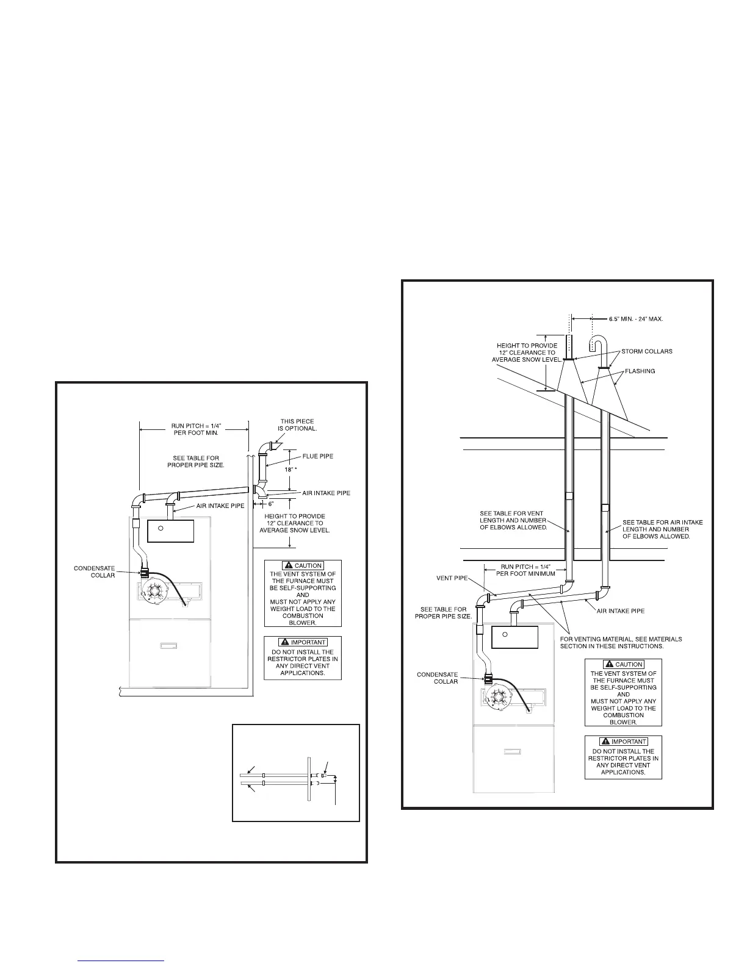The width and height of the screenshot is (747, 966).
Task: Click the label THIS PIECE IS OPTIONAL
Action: click(297, 425)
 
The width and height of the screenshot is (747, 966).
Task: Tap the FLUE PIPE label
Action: click(318, 456)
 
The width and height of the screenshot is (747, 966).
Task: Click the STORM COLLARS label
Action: click(647, 351)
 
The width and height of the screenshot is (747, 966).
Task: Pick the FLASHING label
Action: click(640, 371)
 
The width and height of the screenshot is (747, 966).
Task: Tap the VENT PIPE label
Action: click(453, 578)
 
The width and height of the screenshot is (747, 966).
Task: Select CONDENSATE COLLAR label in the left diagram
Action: click(94, 571)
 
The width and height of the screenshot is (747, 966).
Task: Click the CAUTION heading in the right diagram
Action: click(623, 664)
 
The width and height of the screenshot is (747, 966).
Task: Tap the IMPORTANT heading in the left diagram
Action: click(303, 642)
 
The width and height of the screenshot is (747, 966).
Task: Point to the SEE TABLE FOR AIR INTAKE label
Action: click(662, 529)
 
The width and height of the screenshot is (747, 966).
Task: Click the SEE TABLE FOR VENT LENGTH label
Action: click(513, 520)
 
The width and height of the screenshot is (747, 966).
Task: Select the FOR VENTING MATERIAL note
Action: click(621, 643)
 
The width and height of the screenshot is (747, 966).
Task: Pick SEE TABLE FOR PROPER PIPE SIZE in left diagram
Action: click(196, 462)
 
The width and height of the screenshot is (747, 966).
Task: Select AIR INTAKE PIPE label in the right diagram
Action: click(620, 610)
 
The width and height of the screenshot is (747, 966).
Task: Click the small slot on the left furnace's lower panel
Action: click(170, 644)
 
